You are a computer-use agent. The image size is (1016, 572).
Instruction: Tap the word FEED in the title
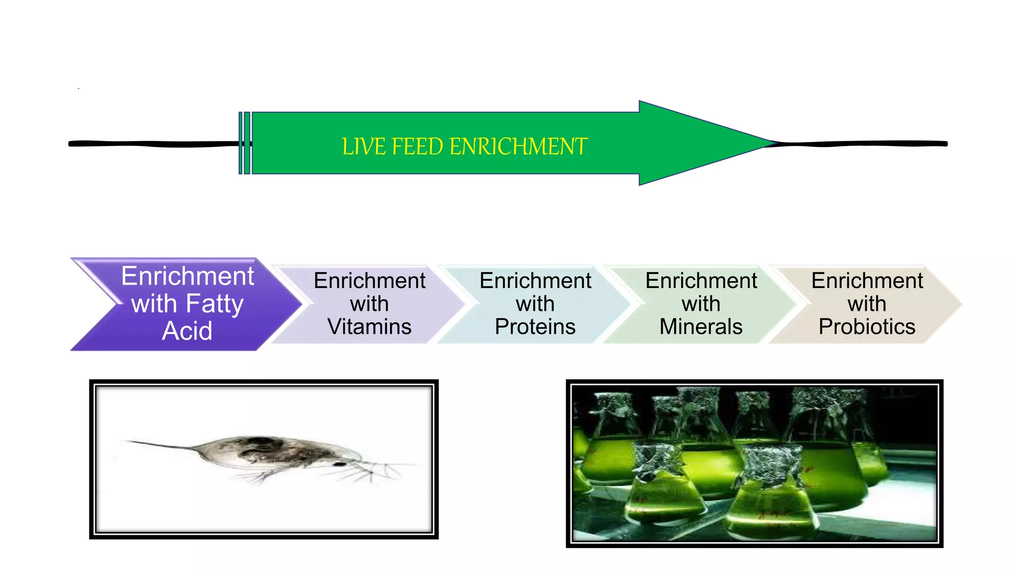pos(417,147)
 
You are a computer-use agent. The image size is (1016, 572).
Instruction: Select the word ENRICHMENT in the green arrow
pos(518,147)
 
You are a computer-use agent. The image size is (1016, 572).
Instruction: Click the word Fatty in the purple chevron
pos(214,304)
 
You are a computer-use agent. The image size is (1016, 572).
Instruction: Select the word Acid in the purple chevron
pos(187,331)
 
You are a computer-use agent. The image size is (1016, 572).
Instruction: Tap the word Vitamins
pos(370,327)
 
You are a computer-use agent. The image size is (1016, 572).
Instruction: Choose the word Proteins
pos(535,327)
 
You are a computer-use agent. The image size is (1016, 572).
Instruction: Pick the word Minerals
pos(701,327)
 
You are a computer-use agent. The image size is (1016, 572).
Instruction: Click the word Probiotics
pos(867,327)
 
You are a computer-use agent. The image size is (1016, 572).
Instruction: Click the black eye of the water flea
pos(340,464)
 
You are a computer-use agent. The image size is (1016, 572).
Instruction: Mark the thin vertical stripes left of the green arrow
pos(245,143)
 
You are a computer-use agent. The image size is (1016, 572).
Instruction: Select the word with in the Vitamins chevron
pos(369,304)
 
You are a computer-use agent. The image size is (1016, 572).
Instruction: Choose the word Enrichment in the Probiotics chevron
pos(867,281)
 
